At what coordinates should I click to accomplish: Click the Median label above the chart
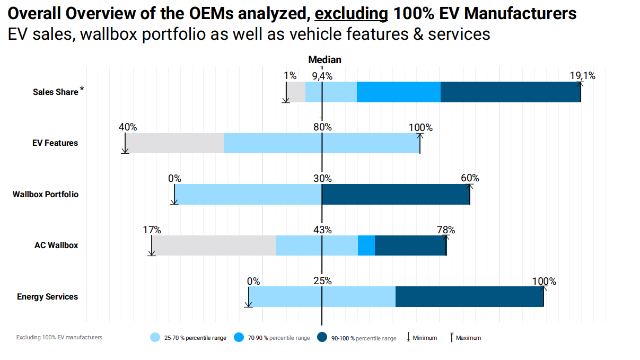pyautogui.click(x=325, y=60)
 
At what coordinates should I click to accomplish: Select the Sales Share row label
pyautogui.click(x=55, y=92)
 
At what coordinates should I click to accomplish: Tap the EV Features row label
pyautogui.click(x=55, y=143)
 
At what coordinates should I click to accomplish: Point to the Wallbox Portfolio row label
pyautogui.click(x=46, y=195)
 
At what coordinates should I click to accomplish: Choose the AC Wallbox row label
pyautogui.click(x=56, y=245)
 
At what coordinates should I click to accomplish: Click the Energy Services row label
pyautogui.click(x=47, y=297)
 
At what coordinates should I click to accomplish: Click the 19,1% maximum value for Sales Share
pyautogui.click(x=582, y=76)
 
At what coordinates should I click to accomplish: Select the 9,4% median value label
pyautogui.click(x=322, y=76)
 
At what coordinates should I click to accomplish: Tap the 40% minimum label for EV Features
pyautogui.click(x=127, y=127)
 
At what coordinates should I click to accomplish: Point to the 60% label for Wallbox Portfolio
pyautogui.click(x=470, y=178)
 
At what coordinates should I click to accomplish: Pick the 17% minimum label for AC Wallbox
pyautogui.click(x=152, y=230)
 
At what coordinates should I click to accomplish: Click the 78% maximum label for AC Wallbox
pyautogui.click(x=445, y=230)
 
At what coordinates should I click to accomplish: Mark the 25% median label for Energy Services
pyautogui.click(x=322, y=281)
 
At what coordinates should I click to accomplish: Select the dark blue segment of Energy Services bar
pyautogui.click(x=469, y=297)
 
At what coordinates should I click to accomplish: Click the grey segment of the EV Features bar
pyautogui.click(x=175, y=143)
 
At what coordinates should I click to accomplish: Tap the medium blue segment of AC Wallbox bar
pyautogui.click(x=366, y=245)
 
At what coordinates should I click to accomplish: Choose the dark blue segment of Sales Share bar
pyautogui.click(x=510, y=92)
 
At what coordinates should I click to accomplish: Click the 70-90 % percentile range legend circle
pyautogui.click(x=239, y=338)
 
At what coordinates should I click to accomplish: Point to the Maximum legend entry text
pyautogui.click(x=468, y=338)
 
